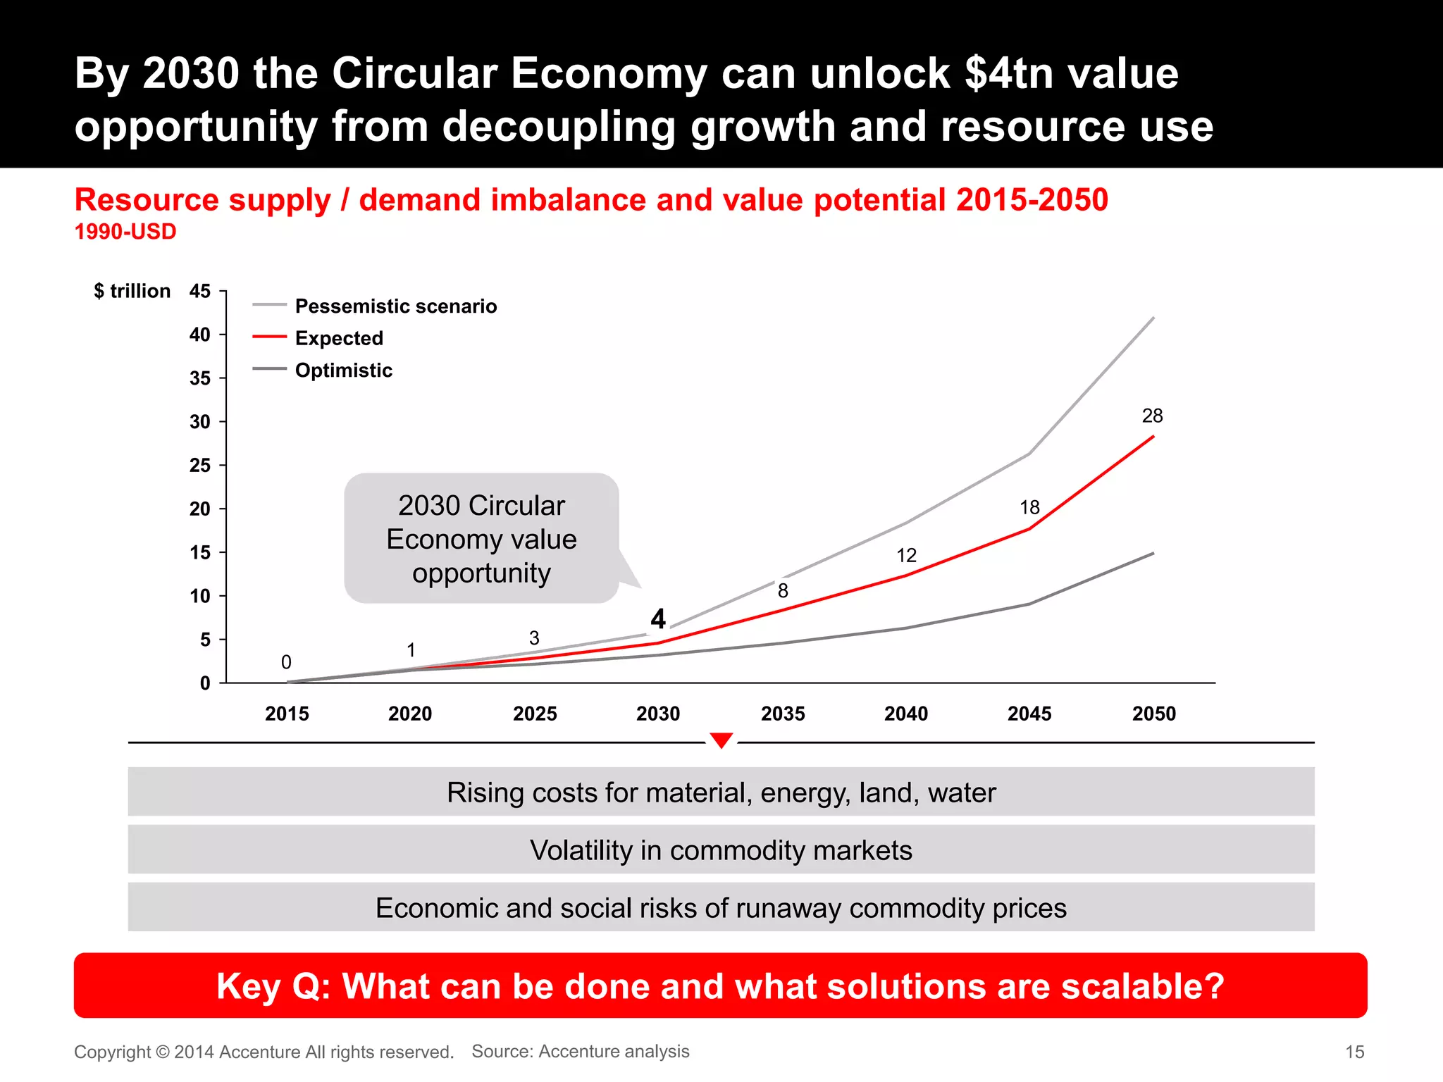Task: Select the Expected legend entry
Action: tap(339, 338)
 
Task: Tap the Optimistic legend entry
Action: tap(343, 371)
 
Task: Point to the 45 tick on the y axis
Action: tap(200, 291)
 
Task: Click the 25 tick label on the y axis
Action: tap(200, 466)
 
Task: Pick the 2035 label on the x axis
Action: tap(783, 714)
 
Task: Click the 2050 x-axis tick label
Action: tap(1153, 714)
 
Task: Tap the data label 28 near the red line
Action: tap(1152, 416)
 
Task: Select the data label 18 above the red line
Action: tap(1029, 507)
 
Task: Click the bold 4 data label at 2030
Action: tap(658, 619)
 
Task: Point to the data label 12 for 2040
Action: tap(906, 556)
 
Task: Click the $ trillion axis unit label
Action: tap(132, 291)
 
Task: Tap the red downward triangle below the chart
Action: tap(721, 740)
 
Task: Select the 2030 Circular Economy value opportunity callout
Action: tap(481, 539)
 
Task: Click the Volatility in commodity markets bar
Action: tap(721, 850)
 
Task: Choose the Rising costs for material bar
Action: tap(721, 792)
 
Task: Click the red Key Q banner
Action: tap(720, 985)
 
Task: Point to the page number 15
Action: tap(1354, 1052)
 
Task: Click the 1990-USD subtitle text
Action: tap(125, 232)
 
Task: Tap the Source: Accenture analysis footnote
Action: tap(581, 1051)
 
